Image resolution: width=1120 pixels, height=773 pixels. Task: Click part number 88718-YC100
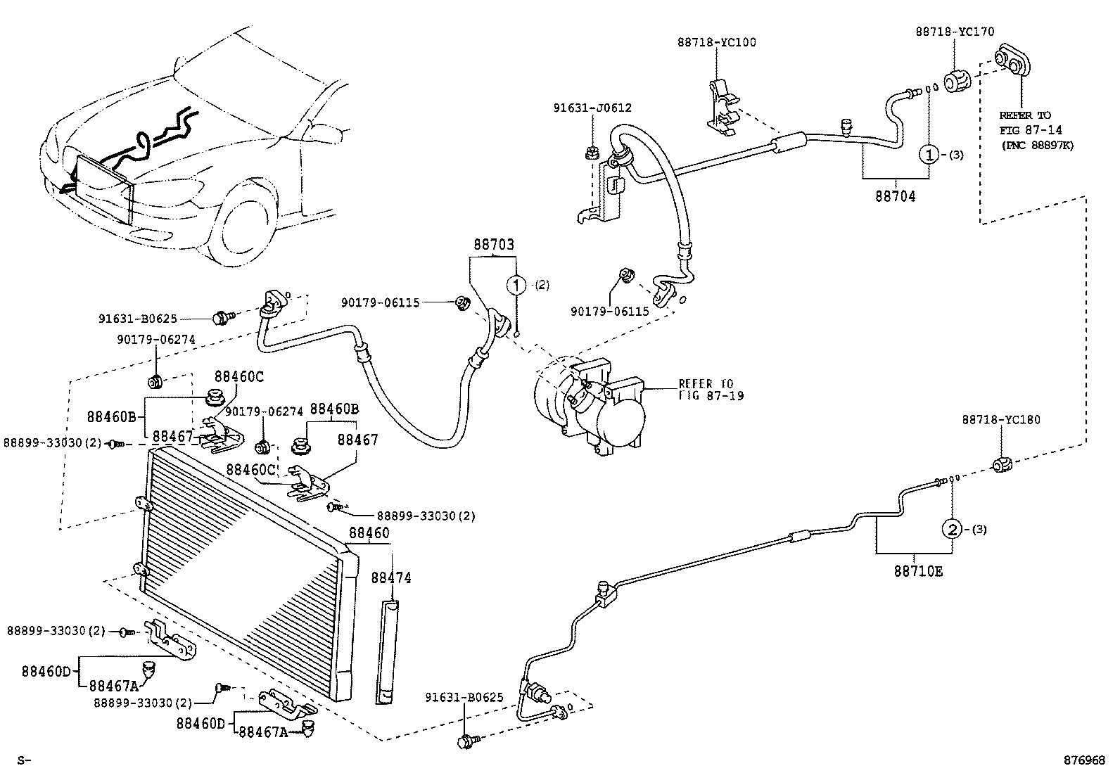[x=717, y=42]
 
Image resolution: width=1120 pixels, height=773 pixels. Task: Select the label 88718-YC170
[x=955, y=32]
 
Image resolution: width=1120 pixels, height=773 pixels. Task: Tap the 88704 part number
[x=895, y=197]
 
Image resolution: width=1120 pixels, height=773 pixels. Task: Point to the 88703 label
[x=493, y=245]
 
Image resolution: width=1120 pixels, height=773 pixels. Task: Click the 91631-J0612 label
[x=592, y=108]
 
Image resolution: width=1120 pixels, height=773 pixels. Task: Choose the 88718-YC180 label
[x=1001, y=420]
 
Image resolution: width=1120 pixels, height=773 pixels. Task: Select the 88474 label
[x=391, y=577]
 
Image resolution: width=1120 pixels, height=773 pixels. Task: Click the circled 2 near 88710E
[x=952, y=529]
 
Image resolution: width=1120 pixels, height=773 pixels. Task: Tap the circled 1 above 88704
[x=929, y=154]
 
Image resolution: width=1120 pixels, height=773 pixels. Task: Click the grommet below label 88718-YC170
[x=956, y=82]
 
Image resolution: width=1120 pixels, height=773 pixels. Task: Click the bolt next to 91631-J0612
[x=592, y=152]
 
